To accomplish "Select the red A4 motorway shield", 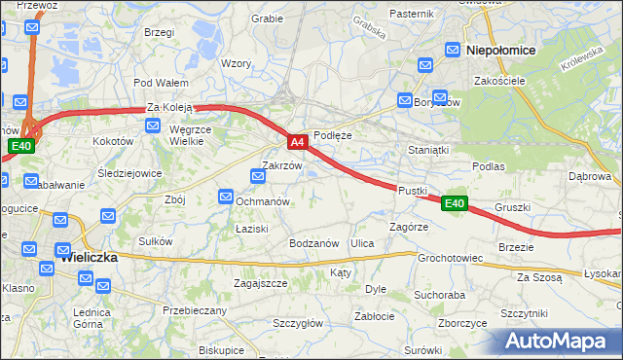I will [x=299, y=142].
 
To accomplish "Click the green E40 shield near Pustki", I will [x=454, y=203].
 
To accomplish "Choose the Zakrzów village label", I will [x=282, y=165].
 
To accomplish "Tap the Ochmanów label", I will [x=266, y=200].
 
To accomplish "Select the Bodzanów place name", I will [x=313, y=243].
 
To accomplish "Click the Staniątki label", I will [x=428, y=151].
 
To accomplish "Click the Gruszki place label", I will [x=512, y=207].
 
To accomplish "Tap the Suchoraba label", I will [x=440, y=293].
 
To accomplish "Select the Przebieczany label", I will [x=195, y=310].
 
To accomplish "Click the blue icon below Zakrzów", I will [x=258, y=176].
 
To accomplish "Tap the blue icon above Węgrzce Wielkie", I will [x=152, y=125].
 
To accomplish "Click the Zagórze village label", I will [x=409, y=226].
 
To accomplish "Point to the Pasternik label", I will [x=410, y=14].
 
